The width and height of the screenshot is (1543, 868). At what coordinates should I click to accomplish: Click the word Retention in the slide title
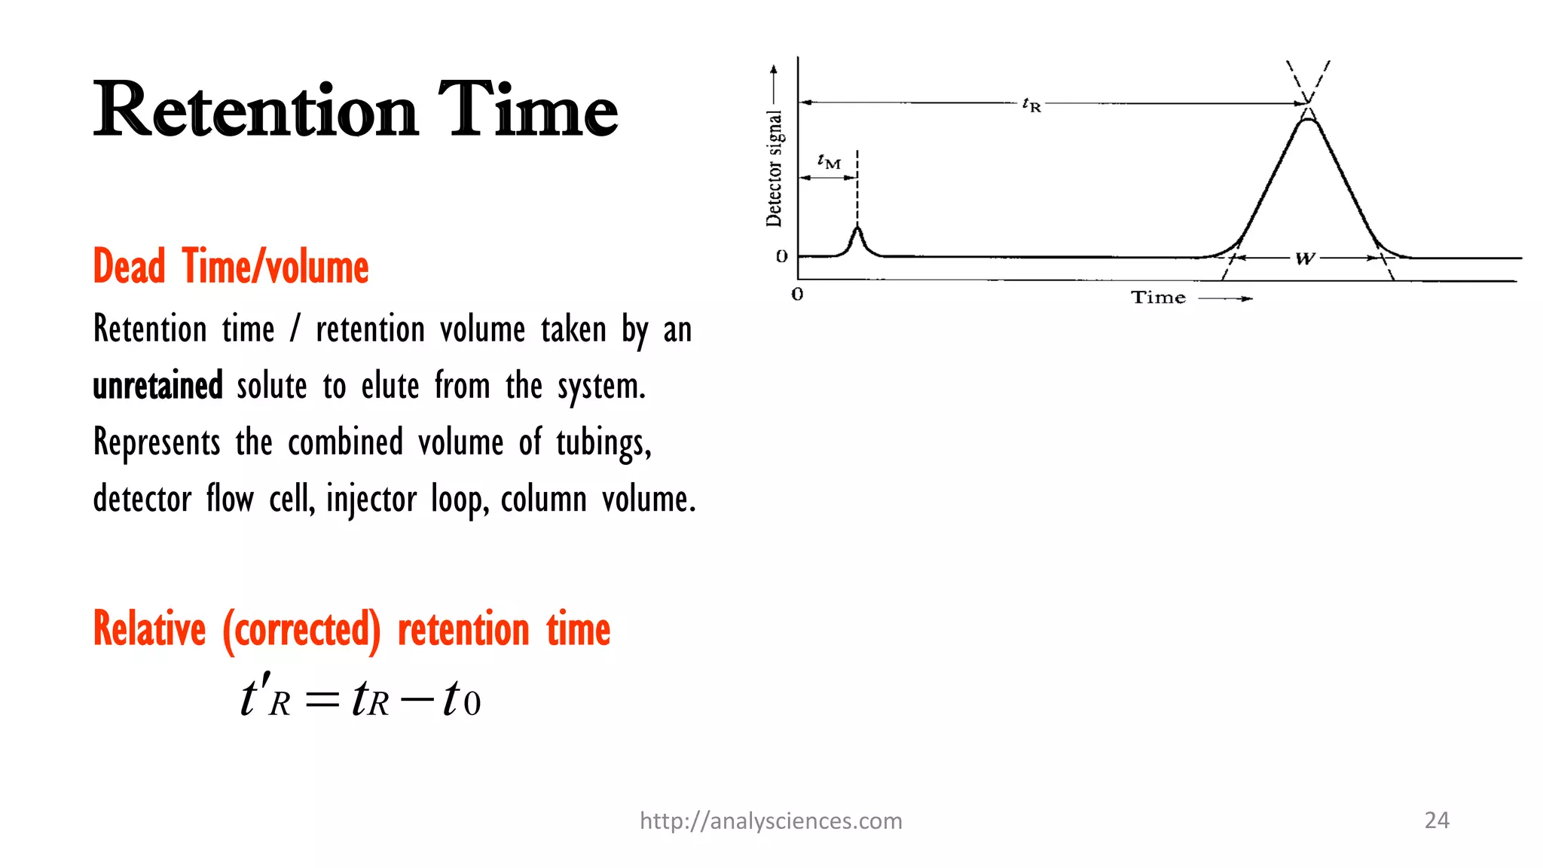(x=255, y=111)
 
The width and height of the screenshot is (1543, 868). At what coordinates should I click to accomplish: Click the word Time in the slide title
(x=527, y=111)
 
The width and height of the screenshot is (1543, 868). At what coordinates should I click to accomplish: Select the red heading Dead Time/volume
(x=231, y=267)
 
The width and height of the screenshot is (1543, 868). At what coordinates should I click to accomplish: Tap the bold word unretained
(x=157, y=386)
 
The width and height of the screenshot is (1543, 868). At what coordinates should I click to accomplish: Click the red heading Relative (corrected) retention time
(x=351, y=629)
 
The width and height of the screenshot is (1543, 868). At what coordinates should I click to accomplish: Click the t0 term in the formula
(x=460, y=698)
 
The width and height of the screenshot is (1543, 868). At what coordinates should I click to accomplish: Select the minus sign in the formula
(x=417, y=700)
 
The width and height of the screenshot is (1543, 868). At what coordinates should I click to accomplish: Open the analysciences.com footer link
(x=771, y=821)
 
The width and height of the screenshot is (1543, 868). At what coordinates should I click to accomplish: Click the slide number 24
(x=1437, y=820)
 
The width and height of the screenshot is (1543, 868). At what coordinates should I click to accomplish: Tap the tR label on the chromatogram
(x=1031, y=104)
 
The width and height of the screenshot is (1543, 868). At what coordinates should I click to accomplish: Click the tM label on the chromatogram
(x=829, y=161)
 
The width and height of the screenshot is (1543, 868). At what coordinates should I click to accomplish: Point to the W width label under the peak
(x=1305, y=258)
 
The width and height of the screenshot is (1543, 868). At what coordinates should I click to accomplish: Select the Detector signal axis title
(x=775, y=167)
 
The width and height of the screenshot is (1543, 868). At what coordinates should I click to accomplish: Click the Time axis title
(x=1158, y=298)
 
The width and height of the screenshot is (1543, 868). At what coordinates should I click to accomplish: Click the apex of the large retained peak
(x=1308, y=119)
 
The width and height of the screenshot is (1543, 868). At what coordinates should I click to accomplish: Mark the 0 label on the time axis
(x=797, y=295)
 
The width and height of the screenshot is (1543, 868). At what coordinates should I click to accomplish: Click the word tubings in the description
(x=603, y=443)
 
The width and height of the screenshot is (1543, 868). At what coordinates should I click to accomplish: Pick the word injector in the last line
(x=371, y=500)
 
